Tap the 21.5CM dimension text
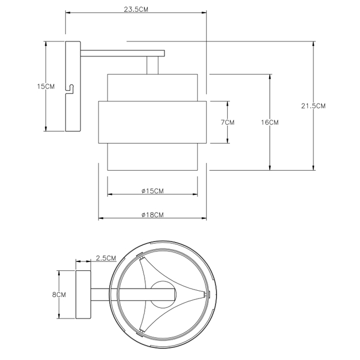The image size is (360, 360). [313, 106]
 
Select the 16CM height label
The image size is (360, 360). [270, 122]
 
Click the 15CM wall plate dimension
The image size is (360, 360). [45, 86]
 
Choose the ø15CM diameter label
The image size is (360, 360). [152, 191]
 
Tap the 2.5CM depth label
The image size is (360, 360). [105, 258]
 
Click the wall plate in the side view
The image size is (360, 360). [73, 105]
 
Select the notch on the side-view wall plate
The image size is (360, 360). [70, 88]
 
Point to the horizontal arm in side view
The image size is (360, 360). [122, 53]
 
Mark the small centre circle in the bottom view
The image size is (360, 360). [163, 294]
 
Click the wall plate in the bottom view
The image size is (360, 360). [83, 295]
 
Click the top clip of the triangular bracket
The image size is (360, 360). [142, 258]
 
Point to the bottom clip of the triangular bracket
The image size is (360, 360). [142, 330]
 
